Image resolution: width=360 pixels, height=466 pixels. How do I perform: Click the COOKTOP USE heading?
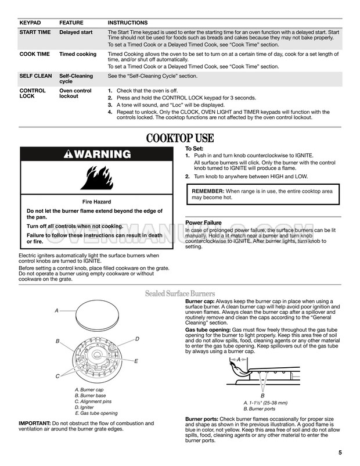click(x=180, y=138)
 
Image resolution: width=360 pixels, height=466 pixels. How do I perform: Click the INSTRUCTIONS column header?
click(x=128, y=22)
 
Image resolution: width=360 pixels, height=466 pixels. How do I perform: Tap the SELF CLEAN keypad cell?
click(x=35, y=76)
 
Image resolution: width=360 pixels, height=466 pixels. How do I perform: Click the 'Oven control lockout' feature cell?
click(x=75, y=94)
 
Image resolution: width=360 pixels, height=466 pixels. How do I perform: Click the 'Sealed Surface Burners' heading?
click(x=180, y=293)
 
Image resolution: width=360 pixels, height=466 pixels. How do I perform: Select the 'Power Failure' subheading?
click(x=204, y=221)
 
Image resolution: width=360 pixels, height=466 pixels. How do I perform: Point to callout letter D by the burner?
click(x=137, y=338)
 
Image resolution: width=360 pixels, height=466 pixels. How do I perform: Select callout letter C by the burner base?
click(x=57, y=377)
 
